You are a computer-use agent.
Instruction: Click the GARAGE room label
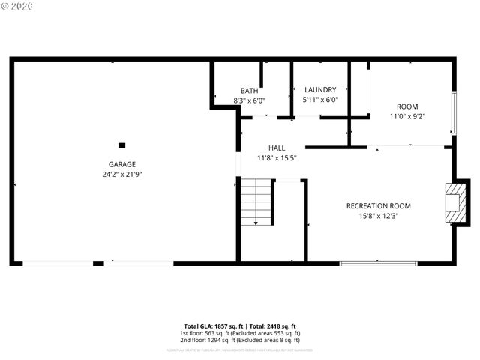click(x=121, y=163)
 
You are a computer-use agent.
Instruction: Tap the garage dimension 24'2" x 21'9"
click(x=121, y=174)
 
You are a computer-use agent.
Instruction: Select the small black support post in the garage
click(x=121, y=145)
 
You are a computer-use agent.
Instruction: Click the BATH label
click(x=249, y=90)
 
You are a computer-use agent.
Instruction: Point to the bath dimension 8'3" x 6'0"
click(x=249, y=100)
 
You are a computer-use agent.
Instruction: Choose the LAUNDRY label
click(x=320, y=89)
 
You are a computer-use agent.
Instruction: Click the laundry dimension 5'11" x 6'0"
click(x=320, y=99)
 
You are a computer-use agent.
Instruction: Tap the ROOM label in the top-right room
click(x=407, y=106)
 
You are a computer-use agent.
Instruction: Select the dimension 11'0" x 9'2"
click(x=407, y=116)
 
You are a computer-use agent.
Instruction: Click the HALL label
click(x=277, y=148)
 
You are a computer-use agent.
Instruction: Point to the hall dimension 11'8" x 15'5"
click(x=277, y=158)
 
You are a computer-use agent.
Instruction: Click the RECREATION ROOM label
click(x=378, y=205)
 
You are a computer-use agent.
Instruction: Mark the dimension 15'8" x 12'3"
click(x=378, y=216)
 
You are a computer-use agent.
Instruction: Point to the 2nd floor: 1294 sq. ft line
click(x=240, y=340)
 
